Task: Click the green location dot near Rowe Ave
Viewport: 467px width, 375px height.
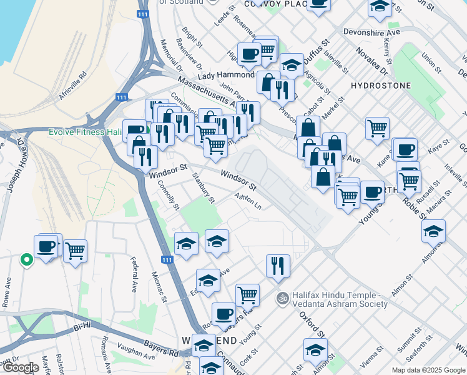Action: point(26,259)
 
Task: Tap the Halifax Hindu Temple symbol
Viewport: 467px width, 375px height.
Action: point(283,297)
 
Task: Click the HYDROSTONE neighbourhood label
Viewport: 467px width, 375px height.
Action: point(381,86)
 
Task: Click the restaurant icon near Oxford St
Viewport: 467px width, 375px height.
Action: point(278,264)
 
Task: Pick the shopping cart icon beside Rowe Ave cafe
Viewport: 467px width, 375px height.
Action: point(75,250)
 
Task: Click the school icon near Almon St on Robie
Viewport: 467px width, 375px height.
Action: point(433,231)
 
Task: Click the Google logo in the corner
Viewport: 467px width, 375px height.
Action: point(21,367)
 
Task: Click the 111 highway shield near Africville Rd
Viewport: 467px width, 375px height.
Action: point(122,97)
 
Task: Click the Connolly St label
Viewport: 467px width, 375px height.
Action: point(169,195)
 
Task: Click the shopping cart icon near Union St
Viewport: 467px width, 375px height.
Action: point(377,127)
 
